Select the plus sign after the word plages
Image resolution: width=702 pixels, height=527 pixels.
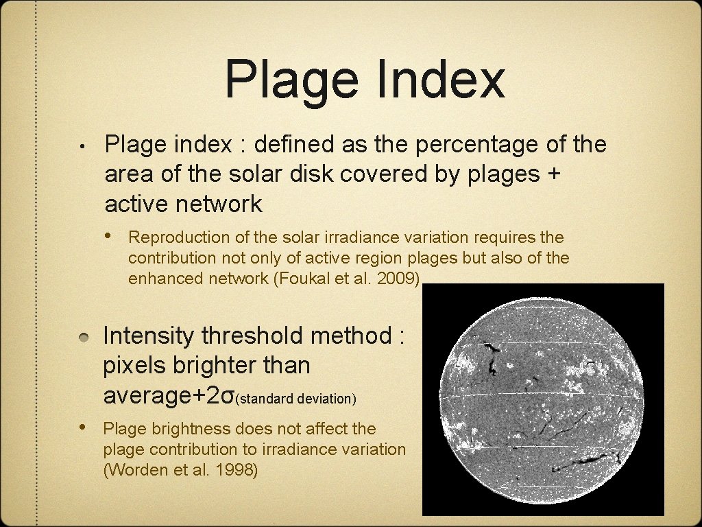click(554, 174)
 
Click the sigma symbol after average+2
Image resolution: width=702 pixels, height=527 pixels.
click(230, 396)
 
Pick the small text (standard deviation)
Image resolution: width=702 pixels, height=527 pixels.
click(296, 398)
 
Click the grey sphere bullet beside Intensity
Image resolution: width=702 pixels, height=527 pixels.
click(82, 337)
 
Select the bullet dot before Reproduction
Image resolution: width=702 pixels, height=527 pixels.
click(110, 237)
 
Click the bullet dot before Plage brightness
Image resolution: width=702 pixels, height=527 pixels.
click(82, 428)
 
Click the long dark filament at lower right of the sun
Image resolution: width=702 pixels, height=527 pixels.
click(583, 463)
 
